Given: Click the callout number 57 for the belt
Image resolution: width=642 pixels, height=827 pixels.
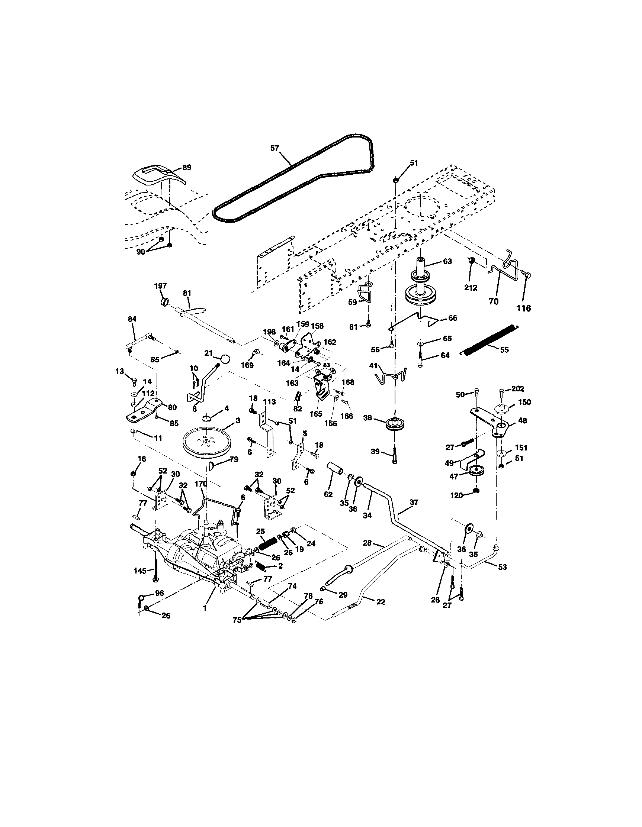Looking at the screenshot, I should pos(275,148).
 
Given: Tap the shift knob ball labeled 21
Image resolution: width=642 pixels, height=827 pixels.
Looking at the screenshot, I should pos(225,359).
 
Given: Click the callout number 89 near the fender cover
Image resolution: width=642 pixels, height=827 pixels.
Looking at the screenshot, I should pos(187,167).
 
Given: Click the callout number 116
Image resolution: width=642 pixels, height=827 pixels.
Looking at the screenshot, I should pos(524,308).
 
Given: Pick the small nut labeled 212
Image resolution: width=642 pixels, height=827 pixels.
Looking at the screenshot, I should pos(472,261).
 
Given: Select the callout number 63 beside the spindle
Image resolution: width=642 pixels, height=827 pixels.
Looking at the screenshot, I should pos(447,262).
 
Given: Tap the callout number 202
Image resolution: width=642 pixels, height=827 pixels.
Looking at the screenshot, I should pos(518,388).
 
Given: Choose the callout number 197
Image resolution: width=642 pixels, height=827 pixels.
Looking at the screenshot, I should pos(160,285).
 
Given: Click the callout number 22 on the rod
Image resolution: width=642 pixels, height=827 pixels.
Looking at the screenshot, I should pos(381,602).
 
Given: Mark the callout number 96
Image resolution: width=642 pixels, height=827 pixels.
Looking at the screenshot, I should pos(160,593).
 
